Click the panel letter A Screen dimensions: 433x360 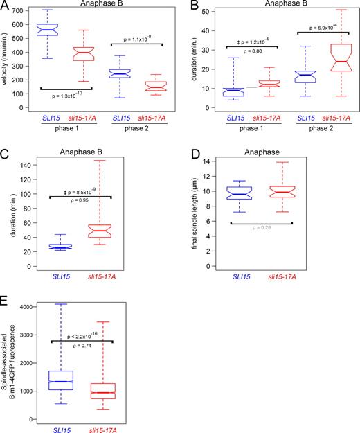click(6, 6)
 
